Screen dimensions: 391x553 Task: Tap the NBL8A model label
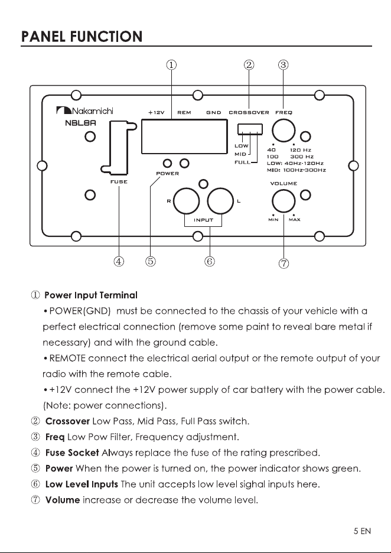[81, 123]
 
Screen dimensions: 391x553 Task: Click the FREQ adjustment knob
[284, 130]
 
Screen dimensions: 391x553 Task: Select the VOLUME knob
[284, 201]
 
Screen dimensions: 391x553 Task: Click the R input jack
[187, 201]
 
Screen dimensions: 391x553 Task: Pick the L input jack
[220, 201]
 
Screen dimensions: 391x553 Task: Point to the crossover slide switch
[250, 129]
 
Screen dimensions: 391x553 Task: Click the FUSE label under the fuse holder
[119, 181]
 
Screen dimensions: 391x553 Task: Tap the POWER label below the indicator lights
[168, 174]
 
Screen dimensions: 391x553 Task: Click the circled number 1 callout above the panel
[171, 65]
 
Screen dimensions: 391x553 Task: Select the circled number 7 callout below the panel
[284, 264]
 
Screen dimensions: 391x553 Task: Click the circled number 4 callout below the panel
[119, 261]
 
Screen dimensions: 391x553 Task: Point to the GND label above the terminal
[214, 112]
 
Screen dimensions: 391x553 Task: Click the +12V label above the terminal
[156, 112]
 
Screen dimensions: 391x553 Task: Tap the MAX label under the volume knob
[294, 220]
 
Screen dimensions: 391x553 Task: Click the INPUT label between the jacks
[203, 220]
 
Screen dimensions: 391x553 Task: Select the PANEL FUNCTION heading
[82, 37]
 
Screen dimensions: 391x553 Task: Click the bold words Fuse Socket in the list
[72, 453]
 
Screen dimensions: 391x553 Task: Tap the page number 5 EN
[362, 531]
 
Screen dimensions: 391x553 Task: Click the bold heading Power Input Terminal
[91, 295]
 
